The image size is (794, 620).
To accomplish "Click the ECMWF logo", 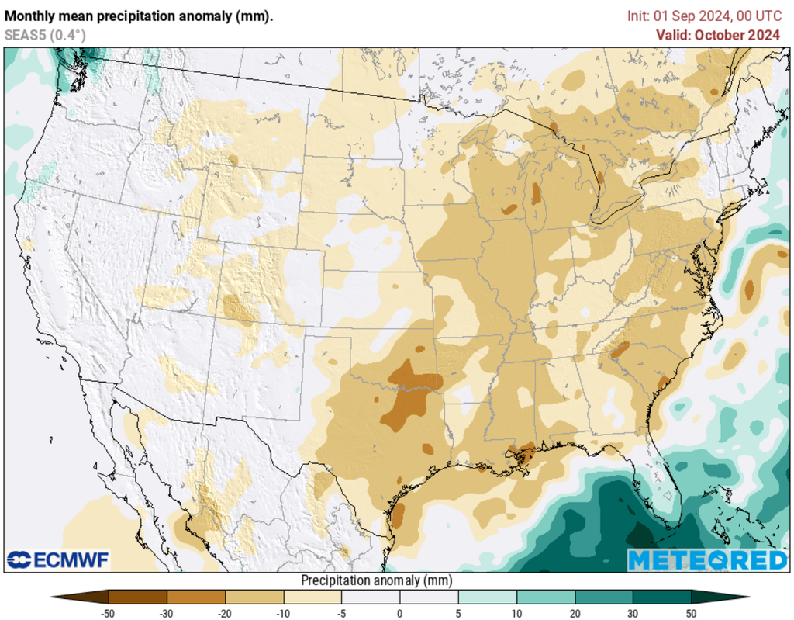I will [x=58, y=559].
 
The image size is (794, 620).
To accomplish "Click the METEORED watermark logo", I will [x=707, y=559].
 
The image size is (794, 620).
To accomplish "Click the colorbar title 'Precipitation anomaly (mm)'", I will [x=376, y=580].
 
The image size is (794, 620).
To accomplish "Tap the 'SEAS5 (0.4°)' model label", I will [x=45, y=35].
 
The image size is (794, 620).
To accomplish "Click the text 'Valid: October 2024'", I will [x=718, y=35].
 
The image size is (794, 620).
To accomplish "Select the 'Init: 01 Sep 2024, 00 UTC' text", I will [x=704, y=16].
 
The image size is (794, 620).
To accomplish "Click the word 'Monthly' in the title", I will [x=29, y=16].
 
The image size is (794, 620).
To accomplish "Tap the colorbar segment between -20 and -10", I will [x=254, y=597].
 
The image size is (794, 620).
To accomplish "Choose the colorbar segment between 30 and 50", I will [x=661, y=597].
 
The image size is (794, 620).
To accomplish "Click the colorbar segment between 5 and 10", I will [x=487, y=597].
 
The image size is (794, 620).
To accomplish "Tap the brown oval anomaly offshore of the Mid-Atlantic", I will [x=749, y=289].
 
